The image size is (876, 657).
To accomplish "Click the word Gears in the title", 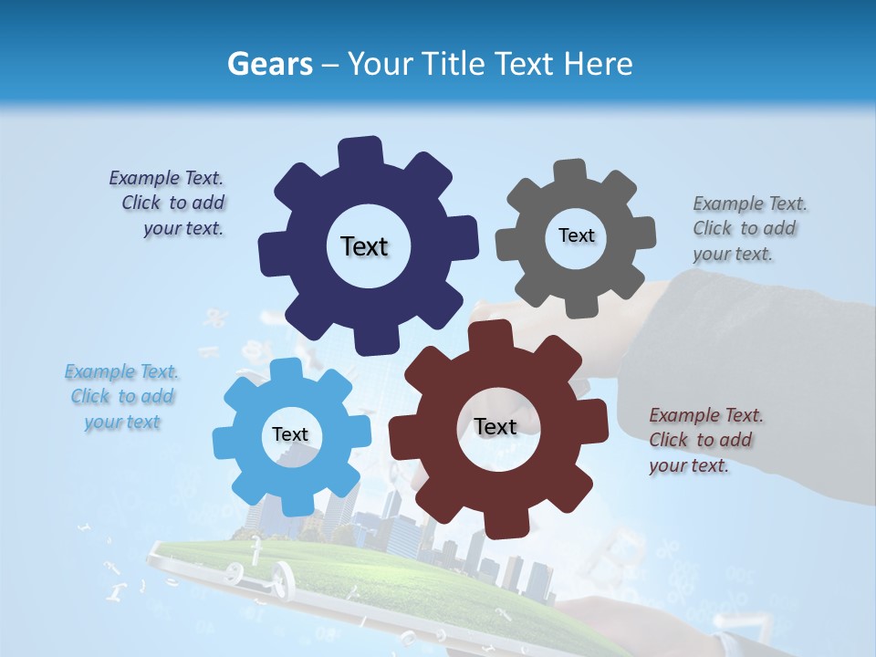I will click(x=269, y=64).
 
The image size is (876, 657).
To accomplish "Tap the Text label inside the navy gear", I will click(x=364, y=246).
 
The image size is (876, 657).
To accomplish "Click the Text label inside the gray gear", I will click(x=576, y=235).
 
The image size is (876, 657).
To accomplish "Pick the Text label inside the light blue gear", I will click(x=290, y=435).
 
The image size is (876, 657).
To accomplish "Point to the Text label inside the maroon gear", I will click(x=495, y=427).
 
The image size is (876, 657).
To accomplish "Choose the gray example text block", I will click(x=749, y=228).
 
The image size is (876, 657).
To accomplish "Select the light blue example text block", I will click(x=122, y=397).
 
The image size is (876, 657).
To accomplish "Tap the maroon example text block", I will click(x=705, y=440).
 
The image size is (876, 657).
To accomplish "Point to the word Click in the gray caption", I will click(x=714, y=228).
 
